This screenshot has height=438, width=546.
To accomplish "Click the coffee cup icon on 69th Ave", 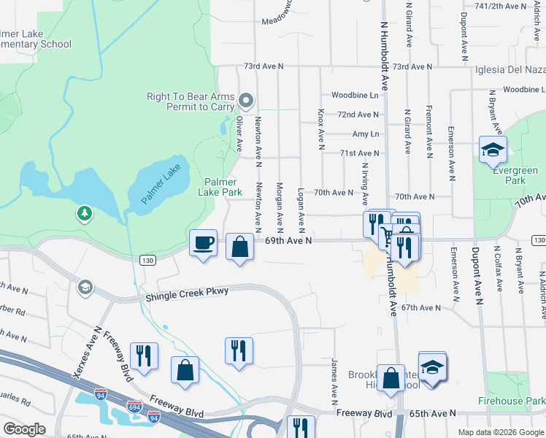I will [203, 243].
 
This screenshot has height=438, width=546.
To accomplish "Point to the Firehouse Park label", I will [511, 401].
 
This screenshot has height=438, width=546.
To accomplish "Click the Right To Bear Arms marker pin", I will [246, 101].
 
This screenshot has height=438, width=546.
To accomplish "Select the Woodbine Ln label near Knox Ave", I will [355, 95].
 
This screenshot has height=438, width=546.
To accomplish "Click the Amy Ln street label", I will [365, 134].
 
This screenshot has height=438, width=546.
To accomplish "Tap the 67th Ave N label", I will [421, 308].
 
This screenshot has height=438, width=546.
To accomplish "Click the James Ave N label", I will [334, 381].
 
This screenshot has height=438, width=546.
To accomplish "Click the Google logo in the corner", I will [25, 429].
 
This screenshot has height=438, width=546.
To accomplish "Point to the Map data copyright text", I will [500, 432].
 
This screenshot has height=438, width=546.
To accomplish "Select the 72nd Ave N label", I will [358, 115].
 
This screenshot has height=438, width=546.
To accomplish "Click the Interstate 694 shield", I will [134, 405].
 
